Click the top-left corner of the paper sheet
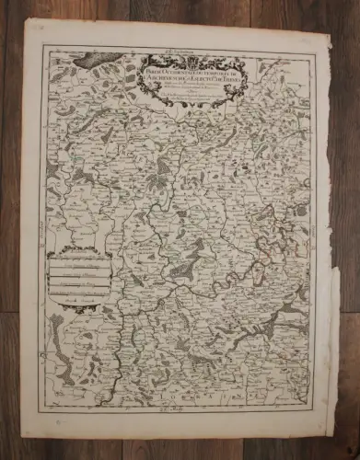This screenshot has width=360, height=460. coord(23,20)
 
